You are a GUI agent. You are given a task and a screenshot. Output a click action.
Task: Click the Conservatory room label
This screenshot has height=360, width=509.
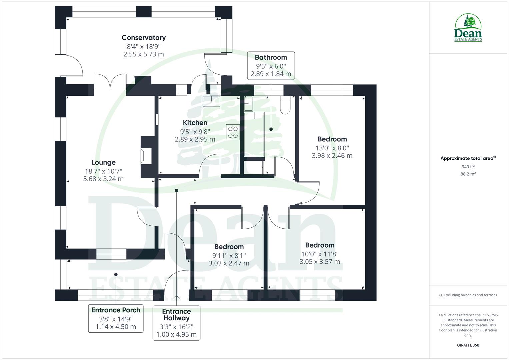[143, 38]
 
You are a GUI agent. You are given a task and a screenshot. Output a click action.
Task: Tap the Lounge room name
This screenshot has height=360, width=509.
[103, 162]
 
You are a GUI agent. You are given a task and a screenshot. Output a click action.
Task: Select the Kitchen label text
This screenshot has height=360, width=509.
[195, 123]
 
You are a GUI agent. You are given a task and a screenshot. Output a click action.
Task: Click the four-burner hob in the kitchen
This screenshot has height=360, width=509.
[233, 131]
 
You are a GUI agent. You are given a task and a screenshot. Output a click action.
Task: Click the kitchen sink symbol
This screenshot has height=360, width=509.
[211, 101]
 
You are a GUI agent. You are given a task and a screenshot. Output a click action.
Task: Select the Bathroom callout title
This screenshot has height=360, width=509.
[271, 57]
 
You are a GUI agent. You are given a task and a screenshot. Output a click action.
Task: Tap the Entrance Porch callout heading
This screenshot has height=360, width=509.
[116, 310]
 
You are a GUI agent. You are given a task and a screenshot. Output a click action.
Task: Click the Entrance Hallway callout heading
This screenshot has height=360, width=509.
[176, 315]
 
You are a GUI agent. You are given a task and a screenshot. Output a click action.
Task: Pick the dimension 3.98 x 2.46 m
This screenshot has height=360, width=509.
[332, 156]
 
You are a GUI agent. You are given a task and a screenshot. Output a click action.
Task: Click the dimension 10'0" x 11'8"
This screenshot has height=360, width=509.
[320, 254]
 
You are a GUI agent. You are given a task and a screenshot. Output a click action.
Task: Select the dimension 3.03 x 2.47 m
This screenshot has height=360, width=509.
[229, 263]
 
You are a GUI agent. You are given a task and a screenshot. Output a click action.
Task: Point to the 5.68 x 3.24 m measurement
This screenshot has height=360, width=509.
[103, 179]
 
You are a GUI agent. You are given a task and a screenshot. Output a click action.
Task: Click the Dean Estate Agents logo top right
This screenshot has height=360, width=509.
[468, 28]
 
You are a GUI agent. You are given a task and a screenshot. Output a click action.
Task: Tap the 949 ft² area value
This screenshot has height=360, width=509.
[468, 167]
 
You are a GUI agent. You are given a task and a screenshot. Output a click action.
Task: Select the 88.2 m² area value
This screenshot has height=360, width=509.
[468, 174]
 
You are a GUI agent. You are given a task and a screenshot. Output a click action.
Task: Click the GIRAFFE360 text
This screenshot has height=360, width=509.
[468, 345]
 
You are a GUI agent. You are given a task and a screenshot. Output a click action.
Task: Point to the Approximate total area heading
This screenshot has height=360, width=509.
[468, 158]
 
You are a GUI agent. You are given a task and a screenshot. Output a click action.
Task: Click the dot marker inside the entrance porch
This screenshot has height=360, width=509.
[116, 274]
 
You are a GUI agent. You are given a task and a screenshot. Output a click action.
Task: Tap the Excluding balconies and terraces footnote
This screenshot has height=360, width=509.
[468, 295]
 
